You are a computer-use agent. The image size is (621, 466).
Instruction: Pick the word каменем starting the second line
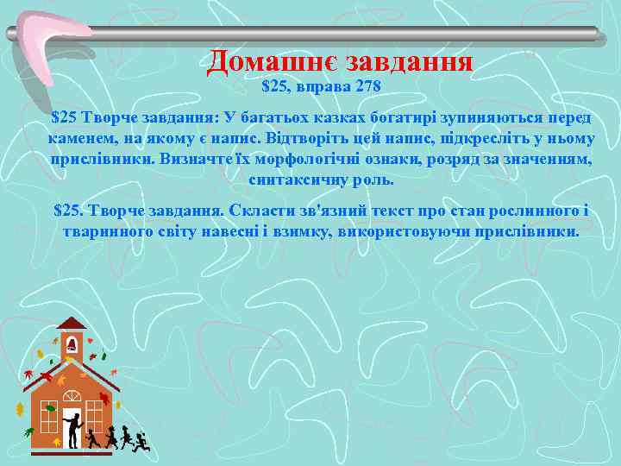[x=78, y=138]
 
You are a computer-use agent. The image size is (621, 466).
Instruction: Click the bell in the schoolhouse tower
[x=72, y=344]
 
